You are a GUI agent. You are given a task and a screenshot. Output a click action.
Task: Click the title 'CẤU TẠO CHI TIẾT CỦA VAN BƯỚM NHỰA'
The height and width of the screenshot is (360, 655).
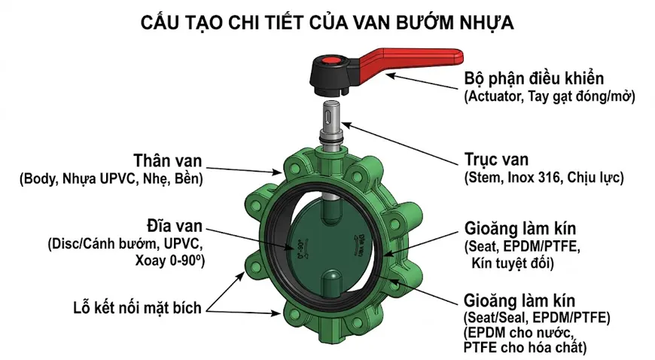click(327, 23)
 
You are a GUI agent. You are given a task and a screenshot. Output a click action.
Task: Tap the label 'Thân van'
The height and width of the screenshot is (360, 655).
click(165, 162)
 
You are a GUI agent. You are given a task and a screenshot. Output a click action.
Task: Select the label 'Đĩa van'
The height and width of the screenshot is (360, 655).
click(173, 227)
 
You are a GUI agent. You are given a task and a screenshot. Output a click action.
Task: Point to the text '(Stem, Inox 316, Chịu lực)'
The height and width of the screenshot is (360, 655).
click(544, 178)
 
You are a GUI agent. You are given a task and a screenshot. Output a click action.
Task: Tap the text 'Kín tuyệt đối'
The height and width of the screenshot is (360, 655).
click(512, 263)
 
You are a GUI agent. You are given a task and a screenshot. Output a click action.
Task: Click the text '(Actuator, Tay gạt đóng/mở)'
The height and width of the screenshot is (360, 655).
click(550, 96)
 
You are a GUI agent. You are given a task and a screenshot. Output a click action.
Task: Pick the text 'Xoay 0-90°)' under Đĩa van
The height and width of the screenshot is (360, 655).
click(170, 261)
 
